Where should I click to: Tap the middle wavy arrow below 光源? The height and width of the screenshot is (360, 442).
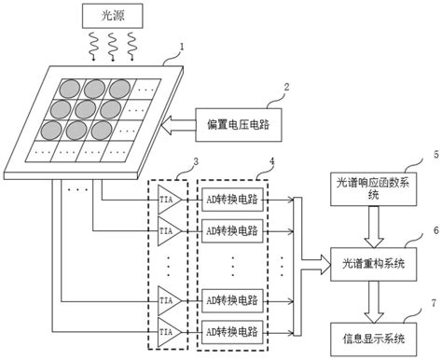pos(110,44)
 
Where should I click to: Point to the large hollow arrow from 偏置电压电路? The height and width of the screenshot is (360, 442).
pos(177,123)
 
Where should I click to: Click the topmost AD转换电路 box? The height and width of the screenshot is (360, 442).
pos(233,200)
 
